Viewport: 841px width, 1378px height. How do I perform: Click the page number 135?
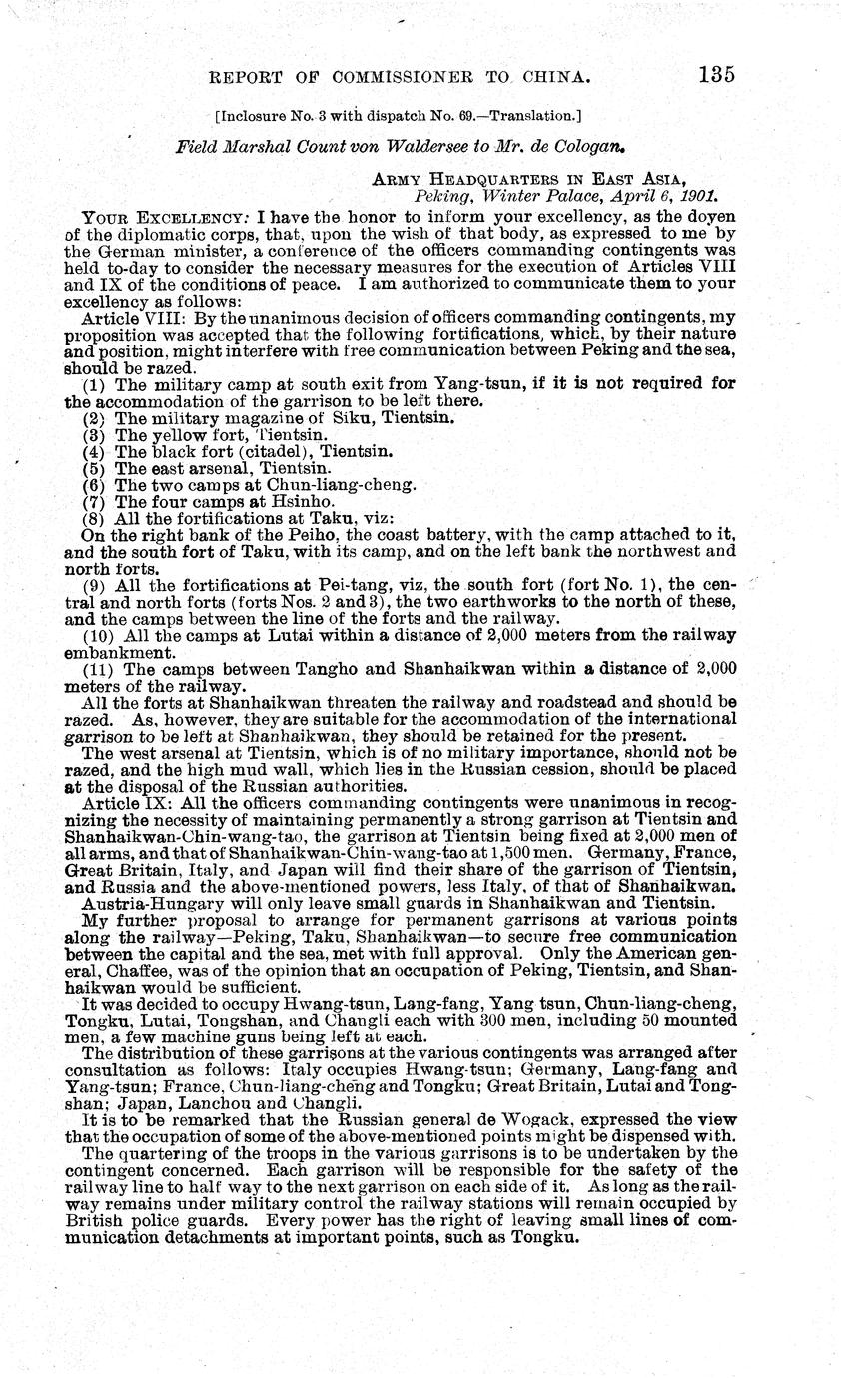[x=716, y=75]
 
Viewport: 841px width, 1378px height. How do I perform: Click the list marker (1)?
[x=95, y=383]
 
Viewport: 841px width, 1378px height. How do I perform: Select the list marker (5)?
[x=95, y=467]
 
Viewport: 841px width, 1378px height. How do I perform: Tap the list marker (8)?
[x=95, y=518]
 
